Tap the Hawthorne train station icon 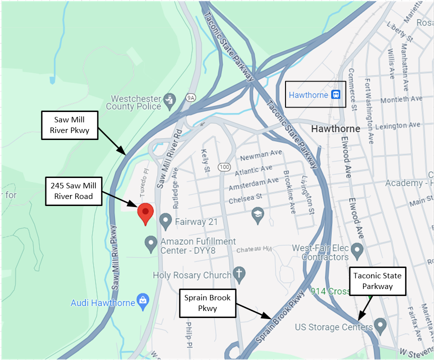point(336,94)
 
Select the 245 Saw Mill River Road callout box point(71,191)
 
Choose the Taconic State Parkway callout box point(377,281)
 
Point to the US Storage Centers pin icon point(381,327)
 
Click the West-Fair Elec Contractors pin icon point(356,249)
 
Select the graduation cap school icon point(257,214)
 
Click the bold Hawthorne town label point(335,128)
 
